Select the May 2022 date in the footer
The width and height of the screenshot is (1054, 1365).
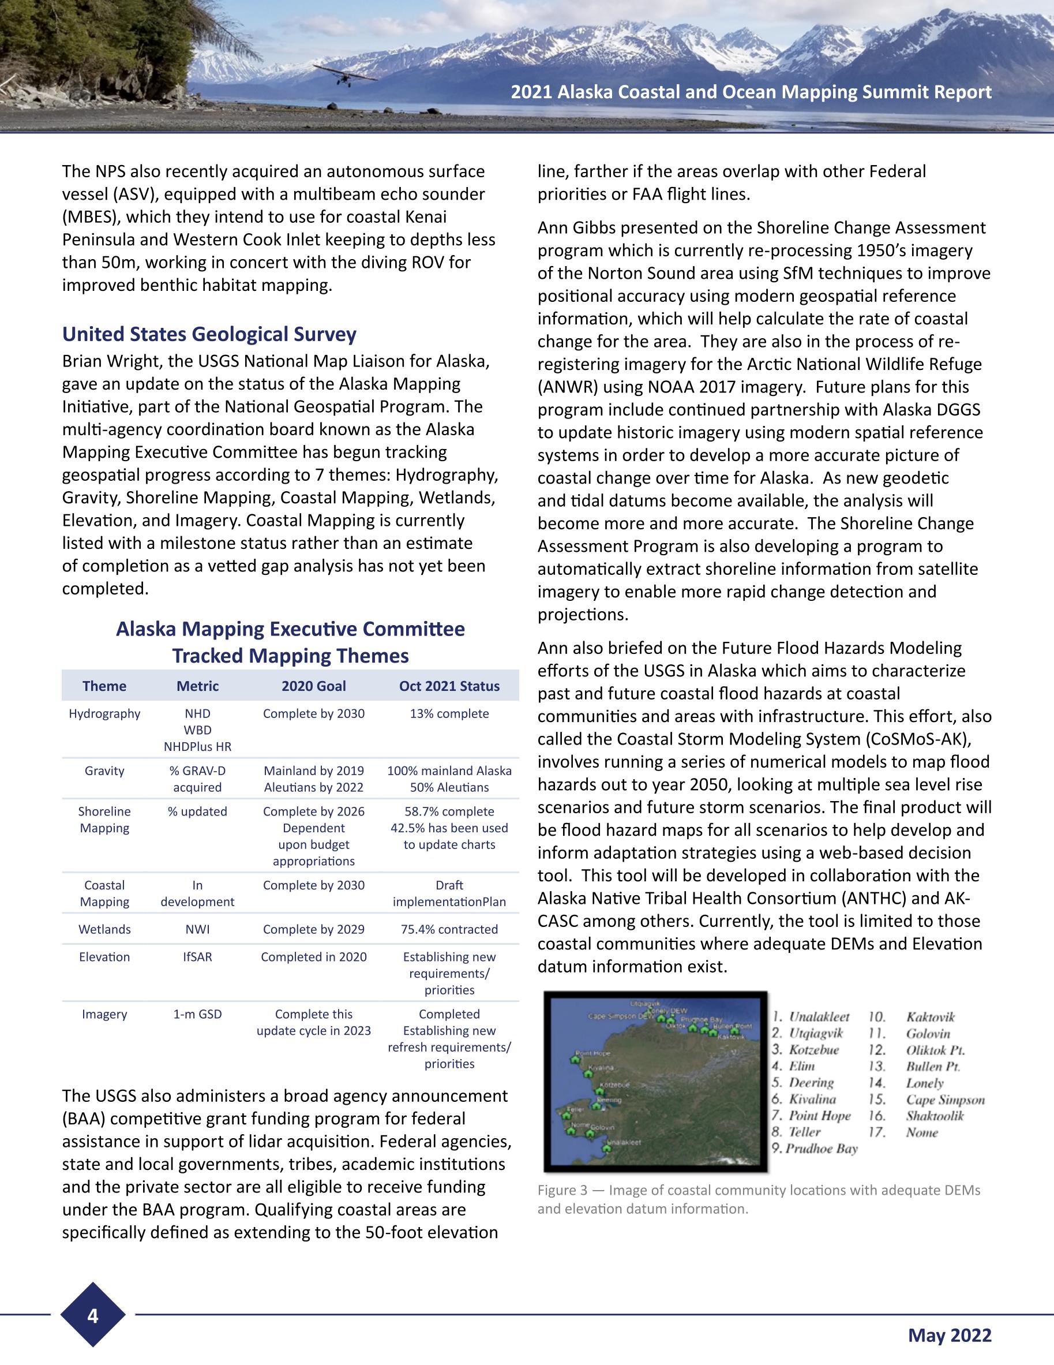[950, 1335]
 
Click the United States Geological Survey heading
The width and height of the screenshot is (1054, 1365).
[209, 334]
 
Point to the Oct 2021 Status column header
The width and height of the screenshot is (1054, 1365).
[449, 686]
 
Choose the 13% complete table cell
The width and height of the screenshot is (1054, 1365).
[449, 714]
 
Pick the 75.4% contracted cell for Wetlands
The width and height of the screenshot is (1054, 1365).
[449, 929]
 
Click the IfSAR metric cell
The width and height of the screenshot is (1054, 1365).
[197, 957]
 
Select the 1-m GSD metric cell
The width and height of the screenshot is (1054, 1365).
[197, 1015]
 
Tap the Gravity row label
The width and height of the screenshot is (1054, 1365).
[104, 771]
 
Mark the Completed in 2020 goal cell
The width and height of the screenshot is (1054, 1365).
[314, 957]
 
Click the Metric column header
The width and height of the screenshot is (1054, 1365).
[197, 686]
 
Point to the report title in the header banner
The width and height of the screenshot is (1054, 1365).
[751, 92]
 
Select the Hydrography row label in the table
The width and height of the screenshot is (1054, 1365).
[104, 714]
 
